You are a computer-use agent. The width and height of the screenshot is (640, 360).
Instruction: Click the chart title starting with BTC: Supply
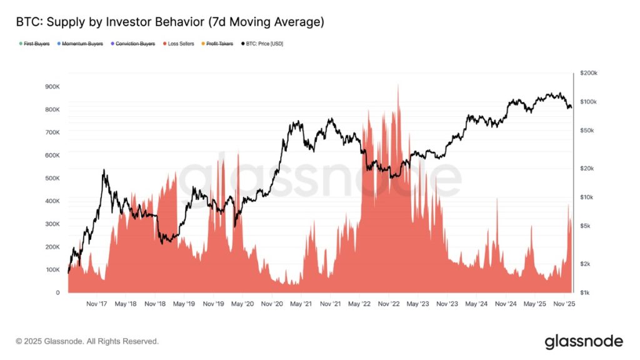click(170, 22)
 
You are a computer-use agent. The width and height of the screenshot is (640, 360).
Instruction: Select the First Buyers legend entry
click(36, 44)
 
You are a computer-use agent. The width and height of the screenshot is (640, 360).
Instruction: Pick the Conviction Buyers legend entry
click(134, 44)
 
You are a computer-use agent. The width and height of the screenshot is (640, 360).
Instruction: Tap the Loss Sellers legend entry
click(180, 44)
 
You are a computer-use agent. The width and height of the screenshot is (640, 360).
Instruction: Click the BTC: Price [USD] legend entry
click(262, 44)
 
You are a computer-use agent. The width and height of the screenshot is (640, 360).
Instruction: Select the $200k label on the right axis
click(589, 73)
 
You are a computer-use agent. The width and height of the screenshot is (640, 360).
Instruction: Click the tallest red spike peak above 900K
click(397, 85)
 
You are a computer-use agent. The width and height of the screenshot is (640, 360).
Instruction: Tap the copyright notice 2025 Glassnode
click(87, 341)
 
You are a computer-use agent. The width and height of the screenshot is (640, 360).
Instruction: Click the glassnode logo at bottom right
click(583, 341)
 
